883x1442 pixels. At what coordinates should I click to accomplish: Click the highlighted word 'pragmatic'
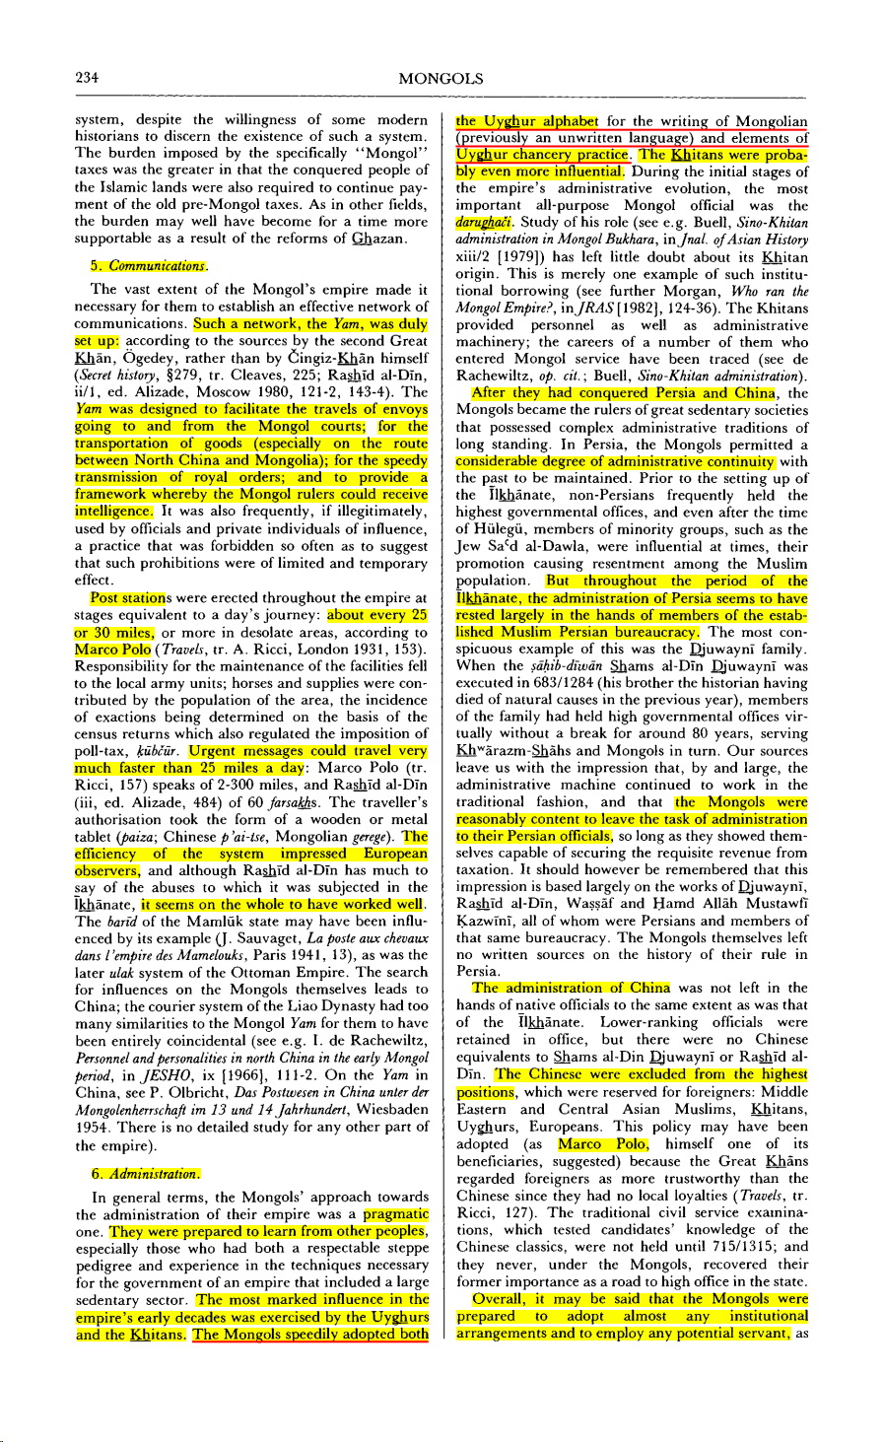(x=396, y=1213)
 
